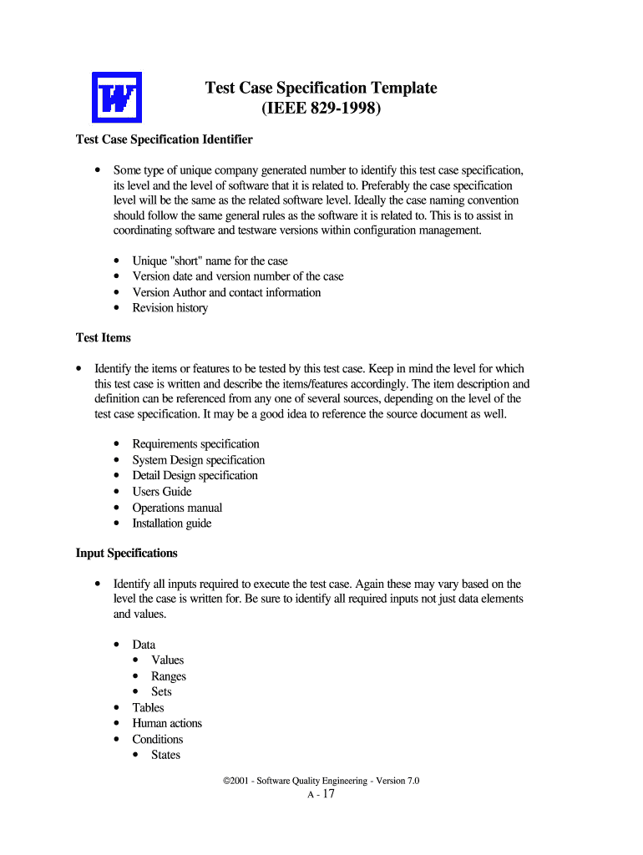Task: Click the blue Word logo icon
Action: click(116, 98)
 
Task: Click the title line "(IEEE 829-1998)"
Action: click(321, 109)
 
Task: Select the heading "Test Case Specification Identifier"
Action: click(164, 139)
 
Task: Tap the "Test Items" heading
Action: click(103, 338)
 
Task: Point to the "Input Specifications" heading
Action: click(127, 553)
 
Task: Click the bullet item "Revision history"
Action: click(170, 308)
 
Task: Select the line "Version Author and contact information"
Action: click(226, 292)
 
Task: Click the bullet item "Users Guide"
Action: click(161, 492)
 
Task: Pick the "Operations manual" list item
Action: click(177, 508)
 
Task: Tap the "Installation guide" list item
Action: click(171, 524)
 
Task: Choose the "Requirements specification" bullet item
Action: click(195, 444)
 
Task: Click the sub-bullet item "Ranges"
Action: click(168, 676)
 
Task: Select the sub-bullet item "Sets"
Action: click(161, 691)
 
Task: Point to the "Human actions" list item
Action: click(167, 723)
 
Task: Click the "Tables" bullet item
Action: click(148, 707)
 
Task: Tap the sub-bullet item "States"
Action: click(165, 755)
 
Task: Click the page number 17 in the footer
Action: click(327, 794)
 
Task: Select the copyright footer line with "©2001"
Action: click(321, 780)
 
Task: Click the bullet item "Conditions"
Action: click(157, 739)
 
